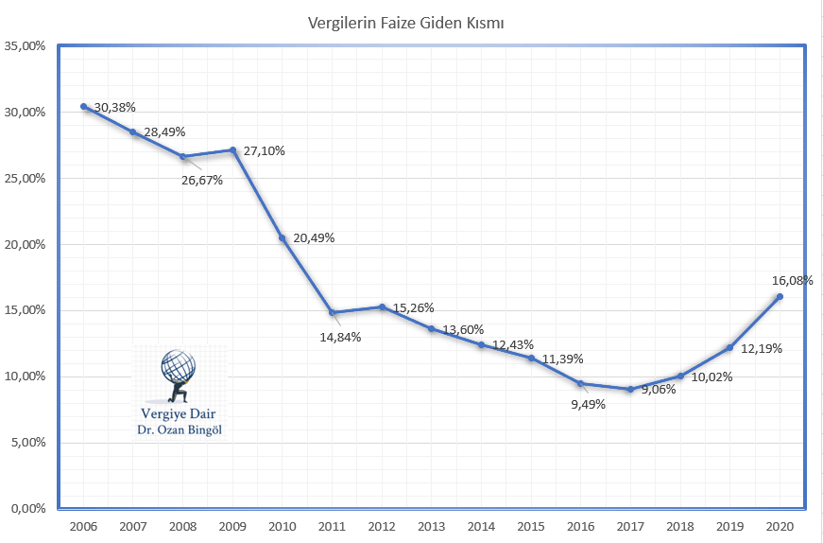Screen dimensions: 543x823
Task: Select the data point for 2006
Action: coord(84,107)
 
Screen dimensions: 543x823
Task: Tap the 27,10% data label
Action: coord(265,151)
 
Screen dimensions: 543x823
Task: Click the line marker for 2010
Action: coord(283,238)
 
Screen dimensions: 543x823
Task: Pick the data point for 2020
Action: coord(780,297)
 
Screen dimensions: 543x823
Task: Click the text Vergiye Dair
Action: coord(180,414)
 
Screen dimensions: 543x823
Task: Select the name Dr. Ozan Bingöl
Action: coord(180,431)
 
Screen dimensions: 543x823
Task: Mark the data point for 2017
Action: coord(630,389)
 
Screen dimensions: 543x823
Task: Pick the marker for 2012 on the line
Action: coord(382,307)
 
